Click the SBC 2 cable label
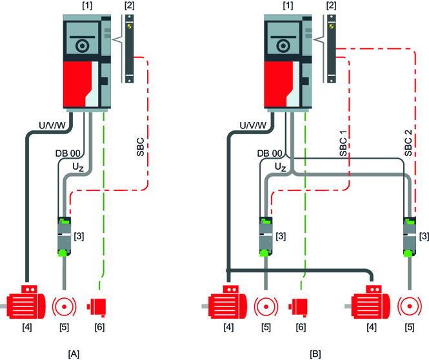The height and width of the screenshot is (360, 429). point(408,143)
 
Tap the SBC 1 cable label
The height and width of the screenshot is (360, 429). point(343,143)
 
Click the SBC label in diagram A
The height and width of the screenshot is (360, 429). point(140,147)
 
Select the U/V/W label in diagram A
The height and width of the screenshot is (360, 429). point(52,125)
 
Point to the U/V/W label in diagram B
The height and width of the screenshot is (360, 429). point(253,125)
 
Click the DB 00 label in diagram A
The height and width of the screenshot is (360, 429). point(68,153)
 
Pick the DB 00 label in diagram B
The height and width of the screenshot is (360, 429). point(270,153)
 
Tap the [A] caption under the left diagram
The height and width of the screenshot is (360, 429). point(74,354)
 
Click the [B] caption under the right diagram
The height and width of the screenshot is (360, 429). point(315,354)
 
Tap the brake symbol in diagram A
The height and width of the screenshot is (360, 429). point(65,306)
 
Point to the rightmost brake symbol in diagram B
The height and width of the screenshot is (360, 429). point(410,306)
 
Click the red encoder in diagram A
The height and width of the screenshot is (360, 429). point(97,307)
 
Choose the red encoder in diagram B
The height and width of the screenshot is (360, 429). point(298,307)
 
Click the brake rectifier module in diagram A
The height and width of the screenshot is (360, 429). point(65,236)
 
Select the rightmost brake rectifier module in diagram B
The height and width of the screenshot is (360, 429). point(410,236)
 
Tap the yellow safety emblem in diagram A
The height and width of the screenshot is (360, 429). point(130,26)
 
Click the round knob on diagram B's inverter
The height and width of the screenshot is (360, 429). point(283,46)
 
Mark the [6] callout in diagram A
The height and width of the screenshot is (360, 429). point(99,327)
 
